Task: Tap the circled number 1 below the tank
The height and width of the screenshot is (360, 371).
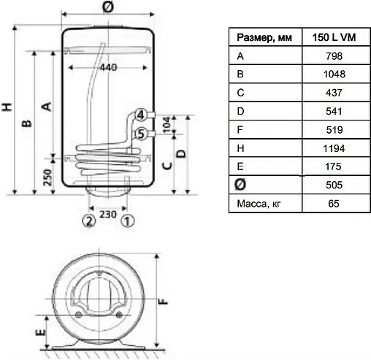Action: click(127, 220)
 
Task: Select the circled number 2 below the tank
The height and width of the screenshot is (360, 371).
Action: click(88, 220)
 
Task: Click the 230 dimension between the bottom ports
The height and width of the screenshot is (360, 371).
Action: click(107, 215)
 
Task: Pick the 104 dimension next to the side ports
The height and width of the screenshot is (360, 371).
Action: click(165, 123)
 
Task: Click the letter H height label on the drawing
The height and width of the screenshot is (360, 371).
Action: click(7, 107)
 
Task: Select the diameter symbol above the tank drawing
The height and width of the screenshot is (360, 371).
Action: click(108, 7)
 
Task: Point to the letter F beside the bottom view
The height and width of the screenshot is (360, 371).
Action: click(165, 299)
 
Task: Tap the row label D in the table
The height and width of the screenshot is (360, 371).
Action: click(240, 111)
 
